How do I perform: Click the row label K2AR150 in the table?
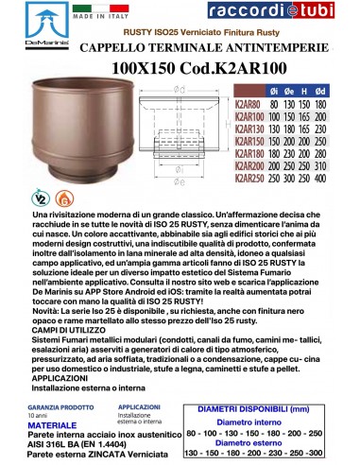pos(249,147)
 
